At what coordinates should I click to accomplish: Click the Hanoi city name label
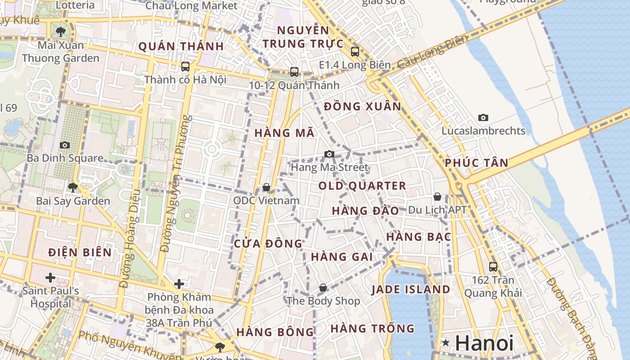(484, 343)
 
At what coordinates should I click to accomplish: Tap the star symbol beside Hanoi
(446, 343)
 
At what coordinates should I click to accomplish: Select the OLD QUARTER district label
(362, 186)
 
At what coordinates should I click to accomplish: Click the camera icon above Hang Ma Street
(329, 154)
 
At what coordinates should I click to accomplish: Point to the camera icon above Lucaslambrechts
(483, 118)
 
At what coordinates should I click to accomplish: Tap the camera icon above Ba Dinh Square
(65, 145)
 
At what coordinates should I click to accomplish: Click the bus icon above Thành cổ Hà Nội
(185, 67)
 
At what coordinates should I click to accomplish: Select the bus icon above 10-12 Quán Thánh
(294, 72)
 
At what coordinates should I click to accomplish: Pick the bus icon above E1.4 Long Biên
(355, 52)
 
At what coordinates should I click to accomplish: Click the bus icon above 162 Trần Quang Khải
(493, 266)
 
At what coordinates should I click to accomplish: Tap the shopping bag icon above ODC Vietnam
(266, 187)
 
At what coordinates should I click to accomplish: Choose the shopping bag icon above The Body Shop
(323, 288)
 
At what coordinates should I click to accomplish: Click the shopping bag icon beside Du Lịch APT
(437, 197)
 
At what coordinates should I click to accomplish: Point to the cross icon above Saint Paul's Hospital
(50, 277)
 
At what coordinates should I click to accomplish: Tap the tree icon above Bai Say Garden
(72, 187)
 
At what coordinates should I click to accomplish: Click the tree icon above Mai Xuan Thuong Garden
(60, 32)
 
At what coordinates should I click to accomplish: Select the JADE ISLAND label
(411, 290)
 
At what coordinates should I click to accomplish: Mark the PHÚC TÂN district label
(477, 163)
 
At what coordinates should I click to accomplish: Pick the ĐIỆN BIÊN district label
(80, 252)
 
